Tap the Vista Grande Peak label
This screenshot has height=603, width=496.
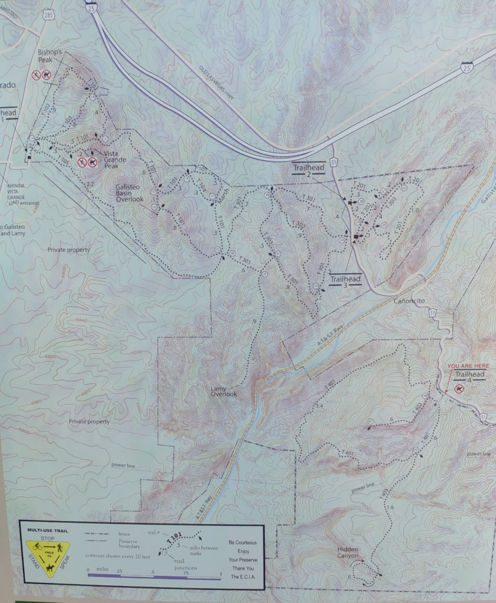(115, 160)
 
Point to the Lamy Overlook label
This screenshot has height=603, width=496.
(223, 391)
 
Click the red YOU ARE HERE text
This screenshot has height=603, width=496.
(468, 366)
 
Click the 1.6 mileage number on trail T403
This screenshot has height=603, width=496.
(391, 506)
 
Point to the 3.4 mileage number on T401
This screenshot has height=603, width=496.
(320, 406)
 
